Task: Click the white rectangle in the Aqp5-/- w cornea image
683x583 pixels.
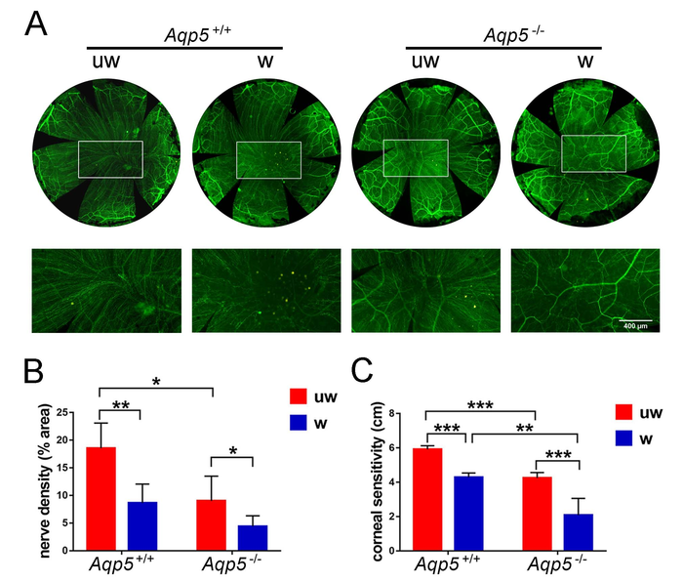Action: coord(593,153)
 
